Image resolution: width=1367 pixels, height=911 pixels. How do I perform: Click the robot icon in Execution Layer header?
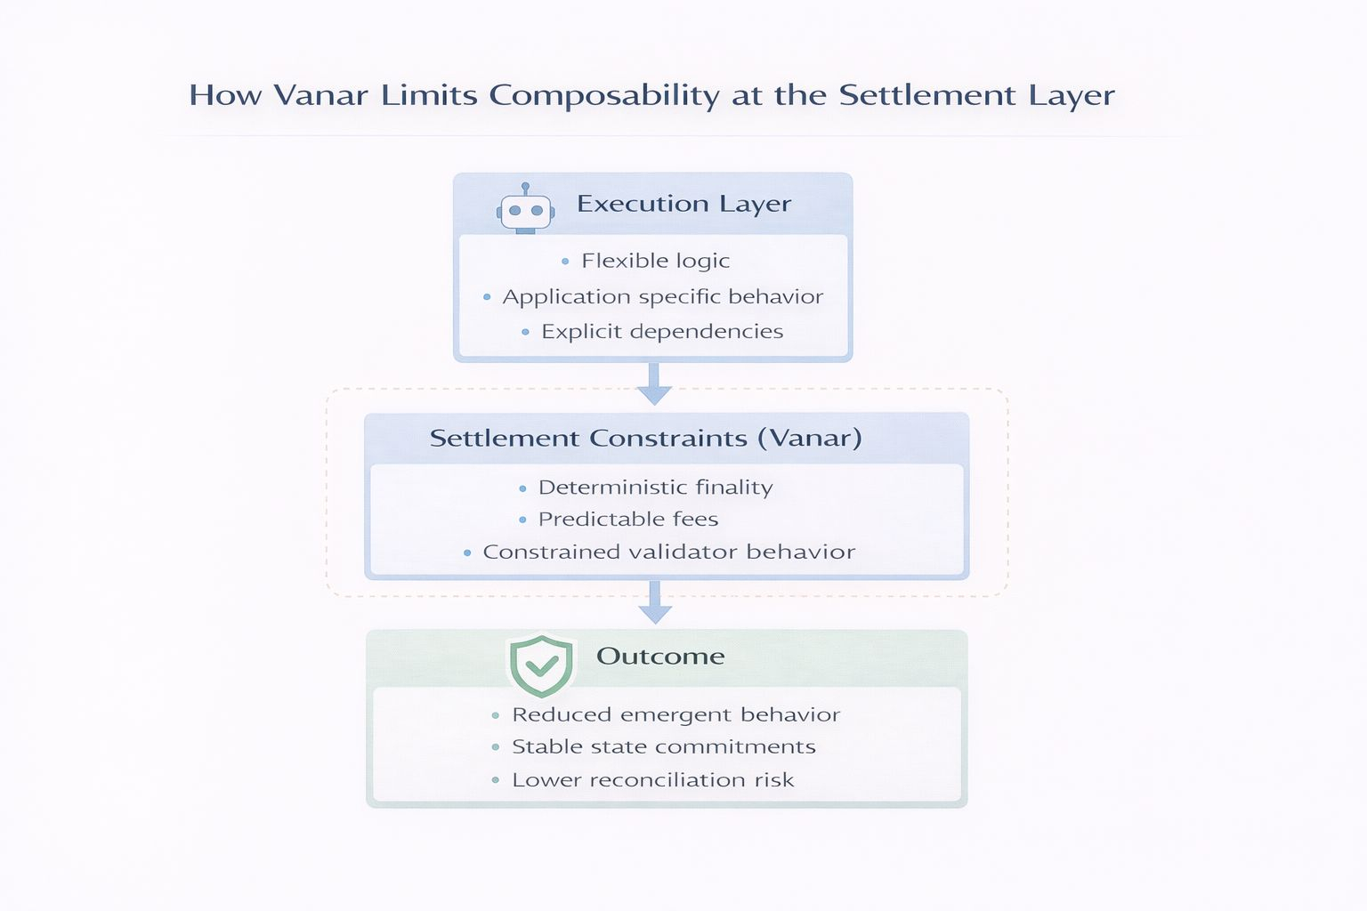coord(525,210)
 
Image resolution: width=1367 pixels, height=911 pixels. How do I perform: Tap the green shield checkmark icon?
coord(541,665)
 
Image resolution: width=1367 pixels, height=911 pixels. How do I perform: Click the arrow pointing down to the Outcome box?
coord(655,602)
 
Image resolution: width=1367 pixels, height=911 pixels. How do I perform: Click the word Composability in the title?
coord(604,95)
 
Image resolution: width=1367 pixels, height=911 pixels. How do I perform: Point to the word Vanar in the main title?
coord(320,95)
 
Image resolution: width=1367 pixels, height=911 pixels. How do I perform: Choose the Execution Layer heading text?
coord(683,204)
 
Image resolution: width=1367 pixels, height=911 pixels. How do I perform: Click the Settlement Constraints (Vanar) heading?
coord(645,438)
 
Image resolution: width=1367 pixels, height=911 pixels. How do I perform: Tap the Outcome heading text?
coord(660,657)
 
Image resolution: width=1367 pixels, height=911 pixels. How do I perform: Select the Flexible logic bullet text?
coord(655,261)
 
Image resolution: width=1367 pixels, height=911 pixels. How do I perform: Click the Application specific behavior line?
coord(662,296)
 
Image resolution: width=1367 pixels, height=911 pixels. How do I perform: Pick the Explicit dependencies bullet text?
coord(662,332)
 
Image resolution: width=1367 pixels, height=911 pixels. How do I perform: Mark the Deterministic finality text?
coord(655,488)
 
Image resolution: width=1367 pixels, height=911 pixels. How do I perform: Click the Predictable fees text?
coord(627,520)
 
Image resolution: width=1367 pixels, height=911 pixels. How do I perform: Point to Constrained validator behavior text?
coord(668,552)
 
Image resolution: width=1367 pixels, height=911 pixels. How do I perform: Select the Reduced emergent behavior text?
coord(675,715)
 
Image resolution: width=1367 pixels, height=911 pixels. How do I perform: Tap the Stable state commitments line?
coord(663,747)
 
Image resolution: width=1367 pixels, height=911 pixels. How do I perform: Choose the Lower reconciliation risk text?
coord(652,780)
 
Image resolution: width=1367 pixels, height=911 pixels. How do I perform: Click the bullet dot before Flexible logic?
coord(565,262)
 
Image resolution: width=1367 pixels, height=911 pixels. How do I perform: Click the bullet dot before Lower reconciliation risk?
coord(496,780)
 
